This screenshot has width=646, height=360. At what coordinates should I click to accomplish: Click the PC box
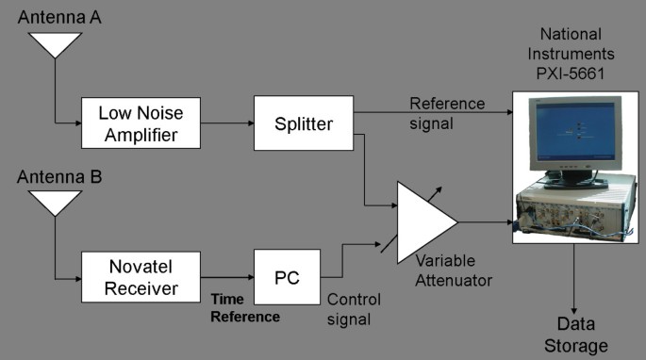click(x=287, y=276)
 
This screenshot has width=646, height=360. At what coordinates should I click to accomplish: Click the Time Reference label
click(x=244, y=308)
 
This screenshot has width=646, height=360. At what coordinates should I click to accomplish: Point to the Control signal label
click(x=353, y=309)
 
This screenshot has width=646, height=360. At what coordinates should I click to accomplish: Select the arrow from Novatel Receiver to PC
click(x=229, y=276)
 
